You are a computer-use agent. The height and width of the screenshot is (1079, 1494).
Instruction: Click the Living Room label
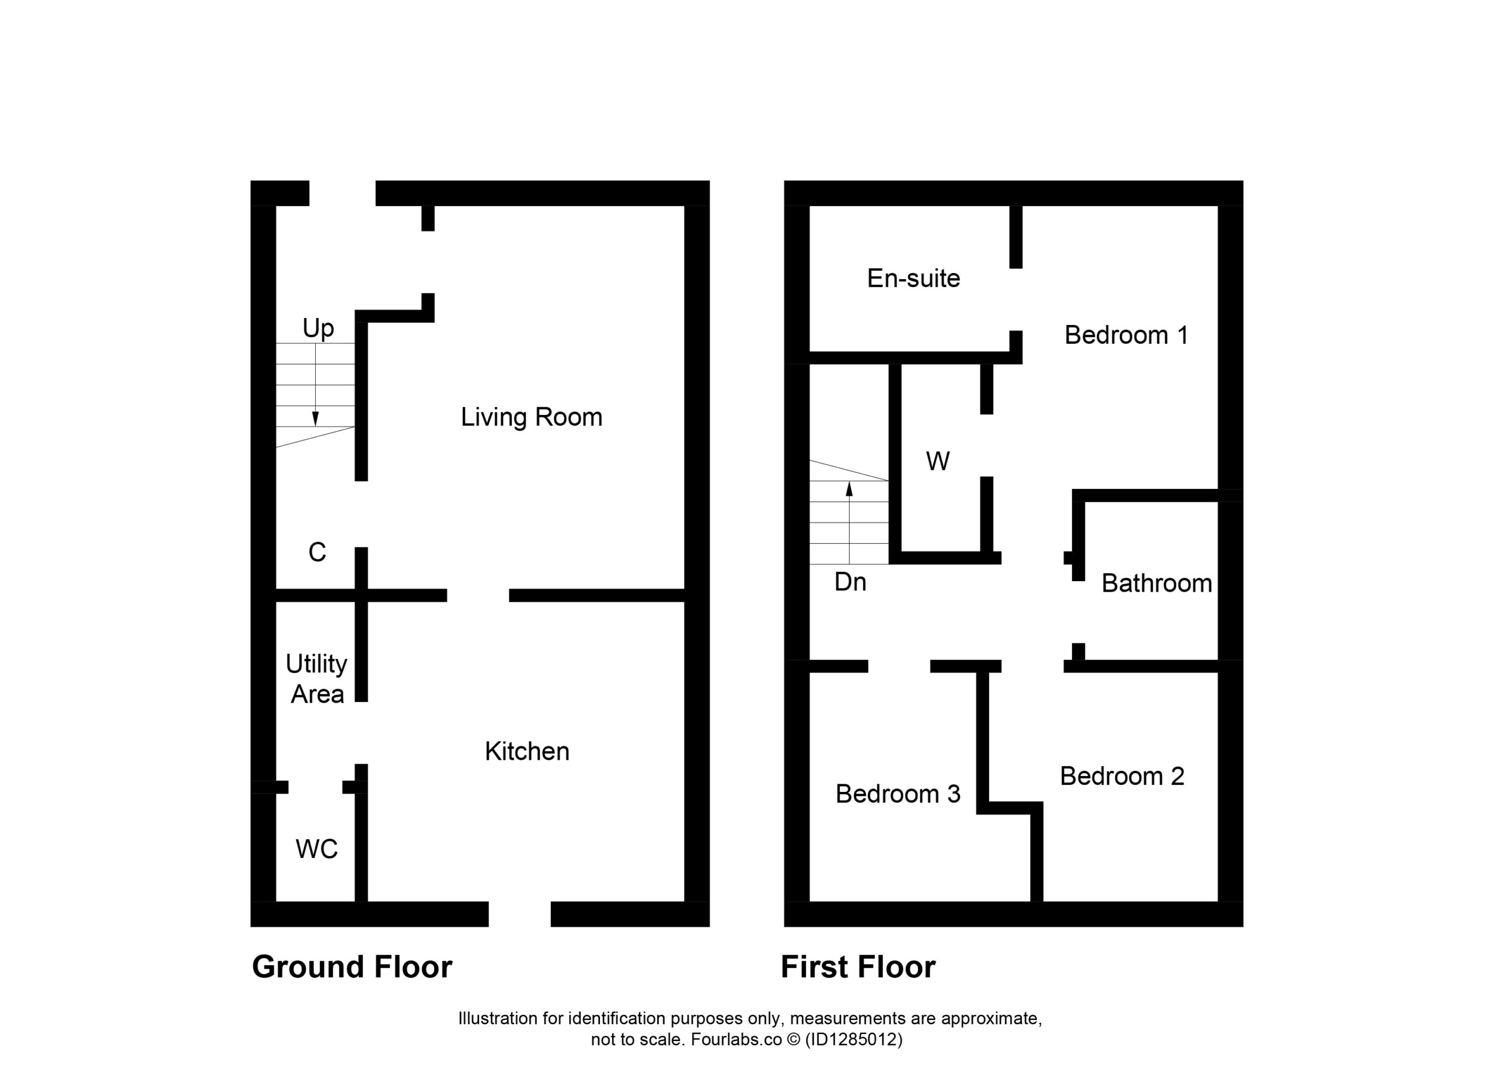[532, 418]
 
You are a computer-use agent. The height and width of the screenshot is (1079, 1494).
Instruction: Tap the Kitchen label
[527, 752]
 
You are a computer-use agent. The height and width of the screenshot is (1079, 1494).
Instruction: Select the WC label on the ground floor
[317, 850]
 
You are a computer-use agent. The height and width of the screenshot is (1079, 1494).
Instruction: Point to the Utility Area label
[317, 679]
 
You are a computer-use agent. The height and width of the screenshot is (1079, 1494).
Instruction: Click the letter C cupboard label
[317, 553]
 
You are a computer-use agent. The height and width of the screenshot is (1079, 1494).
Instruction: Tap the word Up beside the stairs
[318, 329]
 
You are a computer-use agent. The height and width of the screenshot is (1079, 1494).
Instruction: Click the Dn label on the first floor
[850, 582]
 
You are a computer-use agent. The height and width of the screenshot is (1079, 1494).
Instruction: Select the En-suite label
[914, 278]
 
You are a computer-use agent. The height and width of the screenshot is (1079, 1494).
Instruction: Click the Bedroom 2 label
[1122, 777]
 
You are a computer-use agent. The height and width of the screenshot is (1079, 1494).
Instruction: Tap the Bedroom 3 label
[898, 794]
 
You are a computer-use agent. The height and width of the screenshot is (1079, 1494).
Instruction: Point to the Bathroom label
[1157, 584]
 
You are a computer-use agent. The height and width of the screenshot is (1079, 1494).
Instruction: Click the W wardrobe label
[938, 462]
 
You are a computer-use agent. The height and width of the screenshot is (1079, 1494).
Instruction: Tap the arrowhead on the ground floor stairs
[316, 418]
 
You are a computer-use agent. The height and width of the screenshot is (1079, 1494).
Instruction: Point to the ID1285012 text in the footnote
[854, 1039]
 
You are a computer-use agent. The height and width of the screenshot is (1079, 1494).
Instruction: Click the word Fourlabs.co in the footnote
[736, 1039]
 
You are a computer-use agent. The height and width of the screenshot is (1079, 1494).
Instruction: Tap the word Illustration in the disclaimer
[498, 1018]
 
